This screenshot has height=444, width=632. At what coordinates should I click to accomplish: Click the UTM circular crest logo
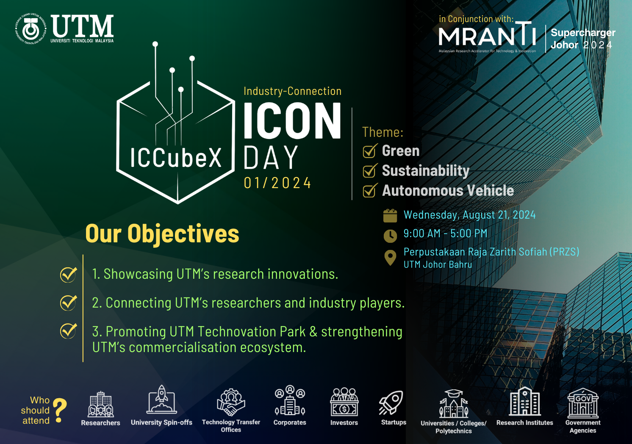tap(31, 29)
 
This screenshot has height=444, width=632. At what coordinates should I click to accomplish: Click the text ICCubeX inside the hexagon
tap(176, 158)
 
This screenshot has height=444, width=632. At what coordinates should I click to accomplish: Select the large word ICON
tap(292, 120)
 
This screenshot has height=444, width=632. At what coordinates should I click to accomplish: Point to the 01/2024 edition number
tap(277, 183)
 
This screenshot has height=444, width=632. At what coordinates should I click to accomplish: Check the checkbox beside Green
tap(370, 151)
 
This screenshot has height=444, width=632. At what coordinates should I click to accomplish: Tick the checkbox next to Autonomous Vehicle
tap(370, 190)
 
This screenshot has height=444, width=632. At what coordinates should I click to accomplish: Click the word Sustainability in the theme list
tap(425, 170)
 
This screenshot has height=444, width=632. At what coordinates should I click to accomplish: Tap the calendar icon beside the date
tap(390, 216)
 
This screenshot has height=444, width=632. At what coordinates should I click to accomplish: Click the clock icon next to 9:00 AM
tap(390, 236)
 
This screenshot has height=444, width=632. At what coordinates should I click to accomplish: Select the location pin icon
tap(390, 258)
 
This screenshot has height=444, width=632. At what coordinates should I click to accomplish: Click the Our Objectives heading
tap(162, 234)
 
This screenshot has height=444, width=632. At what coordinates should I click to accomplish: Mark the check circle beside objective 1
tap(68, 275)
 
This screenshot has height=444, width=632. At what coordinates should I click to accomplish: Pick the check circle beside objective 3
tap(68, 331)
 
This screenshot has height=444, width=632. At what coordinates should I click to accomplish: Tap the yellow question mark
tap(60, 410)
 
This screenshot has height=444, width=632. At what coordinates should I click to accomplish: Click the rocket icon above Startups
tap(391, 403)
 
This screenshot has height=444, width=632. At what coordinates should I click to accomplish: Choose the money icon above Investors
tap(344, 402)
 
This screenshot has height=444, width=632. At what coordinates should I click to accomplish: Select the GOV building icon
tap(583, 403)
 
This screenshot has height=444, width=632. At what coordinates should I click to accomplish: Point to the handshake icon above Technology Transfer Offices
tap(231, 402)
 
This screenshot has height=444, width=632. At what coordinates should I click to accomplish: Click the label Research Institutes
tap(525, 422)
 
